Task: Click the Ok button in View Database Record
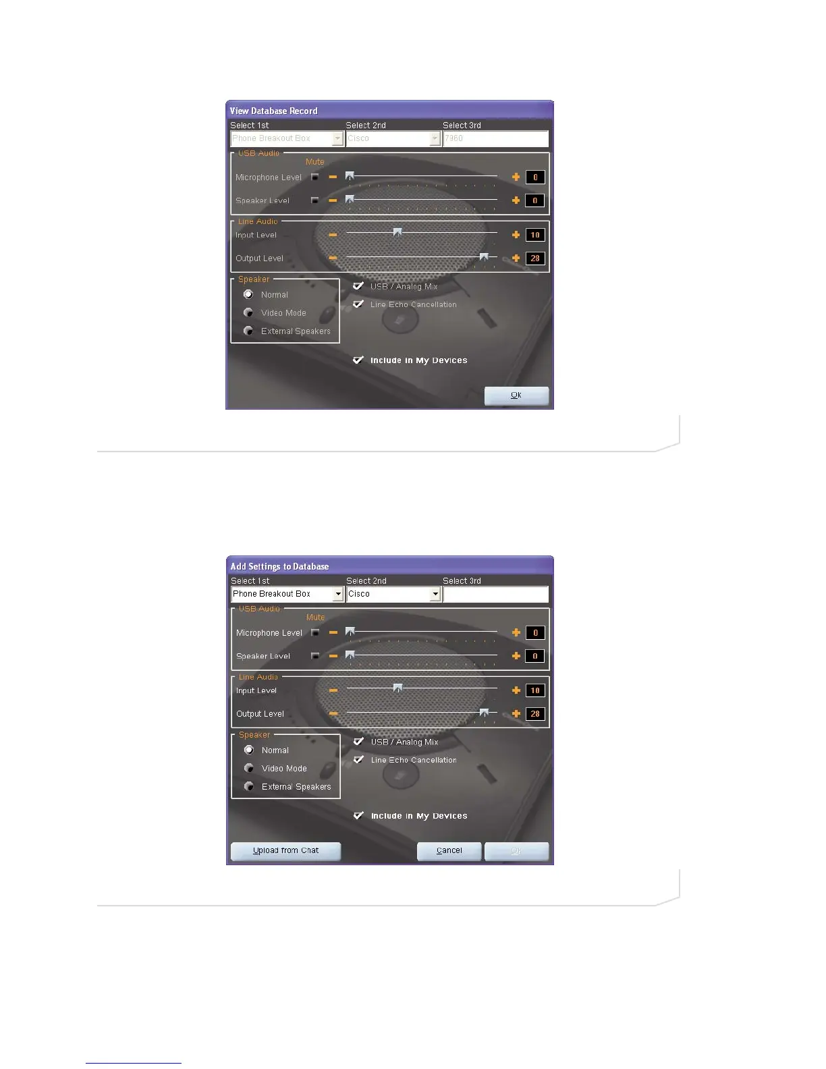(516, 395)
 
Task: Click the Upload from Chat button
(285, 851)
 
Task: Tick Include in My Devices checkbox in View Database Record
(358, 360)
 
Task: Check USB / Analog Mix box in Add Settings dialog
(359, 742)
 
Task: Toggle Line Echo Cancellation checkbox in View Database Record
(358, 304)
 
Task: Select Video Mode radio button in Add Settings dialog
(249, 768)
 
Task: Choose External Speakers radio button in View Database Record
(248, 331)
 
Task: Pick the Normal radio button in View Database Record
(248, 294)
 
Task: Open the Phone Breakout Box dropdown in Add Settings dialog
(338, 594)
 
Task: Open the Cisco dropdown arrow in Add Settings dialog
(435, 594)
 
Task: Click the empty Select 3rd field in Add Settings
(495, 594)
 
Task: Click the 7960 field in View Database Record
(495, 138)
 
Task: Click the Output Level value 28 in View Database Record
(535, 258)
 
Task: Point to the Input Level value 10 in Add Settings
(535, 690)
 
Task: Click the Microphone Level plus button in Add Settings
(516, 632)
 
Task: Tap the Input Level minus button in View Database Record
(333, 235)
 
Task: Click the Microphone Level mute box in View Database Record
(314, 177)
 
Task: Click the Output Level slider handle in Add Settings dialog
(484, 712)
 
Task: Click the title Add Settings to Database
(279, 567)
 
